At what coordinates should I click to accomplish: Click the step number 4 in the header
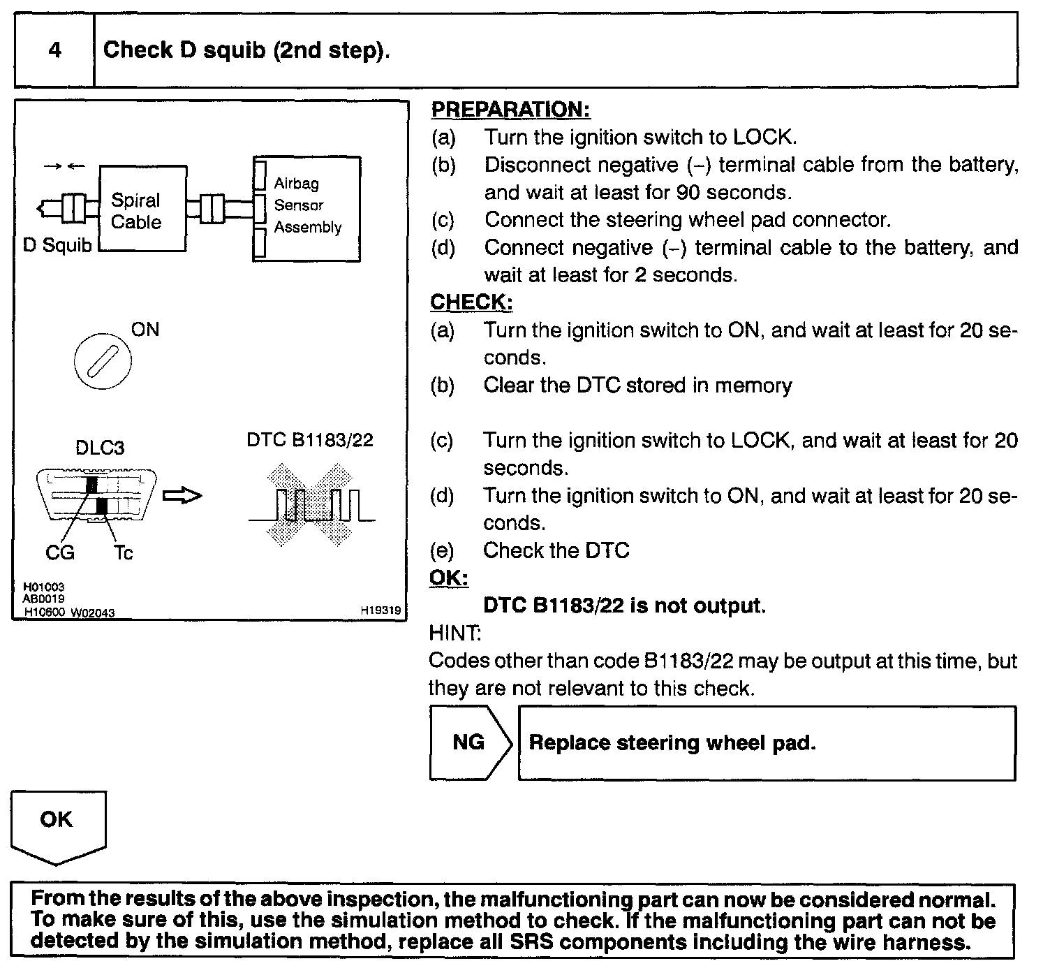54,50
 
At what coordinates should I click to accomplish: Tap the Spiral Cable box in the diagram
142,210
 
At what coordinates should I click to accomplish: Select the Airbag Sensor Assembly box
307,208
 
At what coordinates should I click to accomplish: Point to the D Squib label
57,246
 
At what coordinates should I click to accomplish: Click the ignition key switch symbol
102,362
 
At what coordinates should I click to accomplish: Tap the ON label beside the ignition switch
145,330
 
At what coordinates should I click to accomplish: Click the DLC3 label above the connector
100,448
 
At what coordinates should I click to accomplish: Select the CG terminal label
60,552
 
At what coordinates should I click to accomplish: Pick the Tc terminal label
123,553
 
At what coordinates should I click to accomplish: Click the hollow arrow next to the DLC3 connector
182,496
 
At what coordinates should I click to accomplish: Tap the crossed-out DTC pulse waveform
311,504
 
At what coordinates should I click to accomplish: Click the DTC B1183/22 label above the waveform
310,440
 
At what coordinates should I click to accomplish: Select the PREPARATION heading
510,110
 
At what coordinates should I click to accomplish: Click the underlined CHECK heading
471,302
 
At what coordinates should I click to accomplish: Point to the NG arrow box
469,742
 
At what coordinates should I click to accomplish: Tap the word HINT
454,633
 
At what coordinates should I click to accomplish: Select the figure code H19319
380,610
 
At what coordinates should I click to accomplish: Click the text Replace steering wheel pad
672,742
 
